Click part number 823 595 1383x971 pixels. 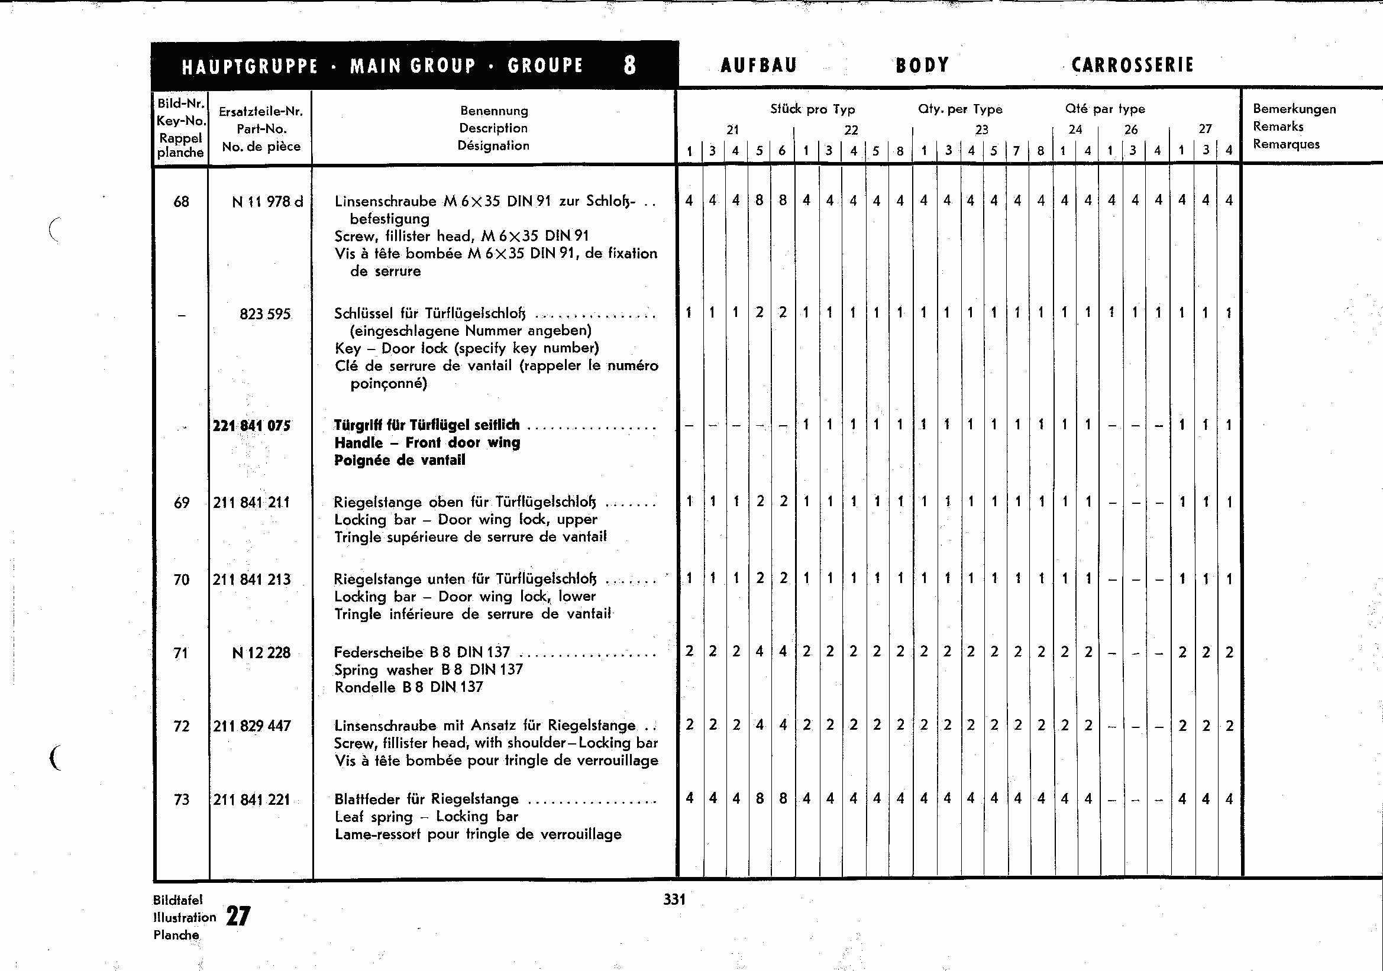coord(264,313)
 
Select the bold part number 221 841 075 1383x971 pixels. coord(251,426)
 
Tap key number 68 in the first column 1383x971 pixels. coord(182,202)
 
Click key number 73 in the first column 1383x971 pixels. coord(182,800)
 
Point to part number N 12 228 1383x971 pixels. coord(261,652)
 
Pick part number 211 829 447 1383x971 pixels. coord(251,726)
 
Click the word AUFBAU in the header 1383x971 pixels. coord(758,65)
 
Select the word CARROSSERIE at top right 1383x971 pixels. coord(1132,65)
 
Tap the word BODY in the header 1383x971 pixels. coord(922,65)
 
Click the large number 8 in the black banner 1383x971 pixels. coord(629,65)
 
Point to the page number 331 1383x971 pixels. coord(674,899)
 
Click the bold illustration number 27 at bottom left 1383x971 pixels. coord(238,916)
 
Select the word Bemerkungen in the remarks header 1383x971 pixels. coord(1294,109)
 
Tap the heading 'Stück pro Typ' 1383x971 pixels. coord(812,109)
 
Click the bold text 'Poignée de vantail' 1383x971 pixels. coord(399,461)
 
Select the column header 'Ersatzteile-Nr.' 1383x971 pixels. coord(260,111)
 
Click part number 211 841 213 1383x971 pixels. coord(251,580)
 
